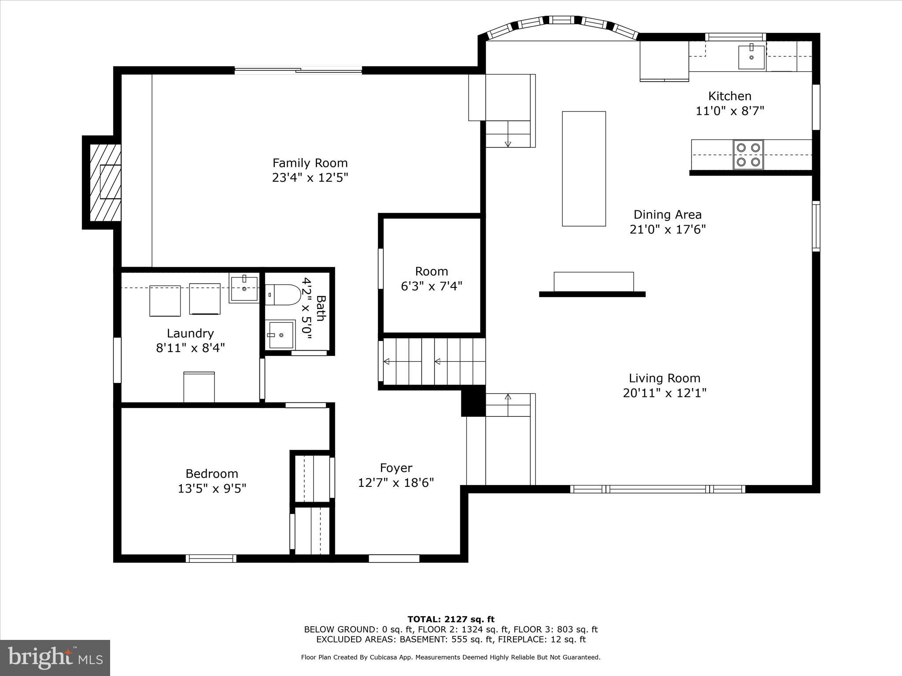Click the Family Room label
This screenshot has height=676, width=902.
(310, 163)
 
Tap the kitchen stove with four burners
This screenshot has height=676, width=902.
(748, 155)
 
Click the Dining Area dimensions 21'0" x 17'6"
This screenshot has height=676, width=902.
(667, 229)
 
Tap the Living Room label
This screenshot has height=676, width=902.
(664, 378)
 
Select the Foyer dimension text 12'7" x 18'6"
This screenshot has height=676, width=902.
(396, 483)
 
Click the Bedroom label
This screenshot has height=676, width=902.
(211, 474)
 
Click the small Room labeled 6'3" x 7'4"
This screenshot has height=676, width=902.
(431, 279)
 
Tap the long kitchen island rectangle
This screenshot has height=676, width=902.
(584, 169)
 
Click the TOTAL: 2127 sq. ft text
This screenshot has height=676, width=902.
(451, 619)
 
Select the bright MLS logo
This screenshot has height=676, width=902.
(55, 658)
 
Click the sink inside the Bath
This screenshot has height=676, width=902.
(281, 335)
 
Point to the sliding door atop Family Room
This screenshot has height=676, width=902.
(298, 70)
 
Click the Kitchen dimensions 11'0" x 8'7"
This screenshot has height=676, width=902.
(729, 110)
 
